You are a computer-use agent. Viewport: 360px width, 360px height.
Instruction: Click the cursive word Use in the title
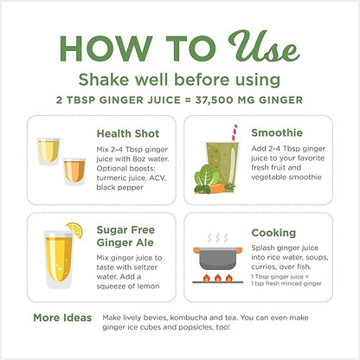pyautogui.click(x=264, y=46)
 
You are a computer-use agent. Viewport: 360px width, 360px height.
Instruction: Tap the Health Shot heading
pyautogui.click(x=128, y=133)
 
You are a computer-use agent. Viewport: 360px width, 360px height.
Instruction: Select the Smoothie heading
pyautogui.click(x=277, y=132)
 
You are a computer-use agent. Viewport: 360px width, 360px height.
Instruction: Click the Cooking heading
pyautogui.click(x=273, y=233)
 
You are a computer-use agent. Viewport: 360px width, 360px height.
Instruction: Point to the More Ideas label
pyautogui.click(x=62, y=318)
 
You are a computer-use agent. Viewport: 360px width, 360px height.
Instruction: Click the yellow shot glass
pyautogui.click(x=48, y=151)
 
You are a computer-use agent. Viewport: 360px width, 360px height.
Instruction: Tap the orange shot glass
pyautogui.click(x=74, y=171)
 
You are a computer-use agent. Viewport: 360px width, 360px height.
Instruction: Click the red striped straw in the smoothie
pyautogui.click(x=235, y=133)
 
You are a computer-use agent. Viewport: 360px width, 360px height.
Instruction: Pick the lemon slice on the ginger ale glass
pyautogui.click(x=75, y=229)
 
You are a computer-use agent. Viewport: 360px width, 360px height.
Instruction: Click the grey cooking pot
pyautogui.click(x=218, y=258)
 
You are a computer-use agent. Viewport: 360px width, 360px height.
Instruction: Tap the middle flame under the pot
pyautogui.click(x=218, y=278)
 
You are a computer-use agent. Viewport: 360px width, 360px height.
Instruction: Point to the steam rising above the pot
pyautogui.click(x=218, y=238)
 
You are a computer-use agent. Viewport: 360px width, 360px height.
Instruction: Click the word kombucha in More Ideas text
pyautogui.click(x=189, y=318)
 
